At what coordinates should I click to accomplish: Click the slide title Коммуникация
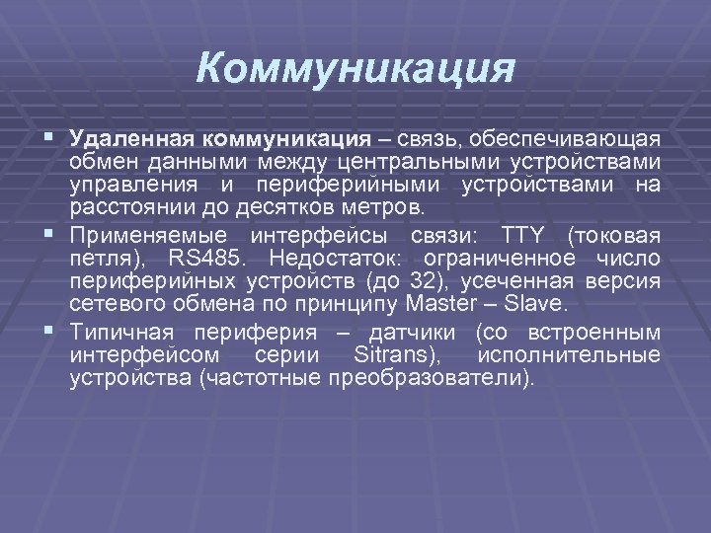355,69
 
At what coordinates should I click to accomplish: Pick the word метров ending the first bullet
389,209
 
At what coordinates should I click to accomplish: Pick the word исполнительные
569,354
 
